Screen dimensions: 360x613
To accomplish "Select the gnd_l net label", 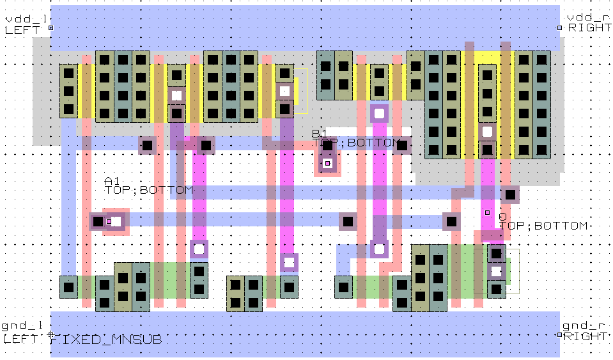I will point(19,327).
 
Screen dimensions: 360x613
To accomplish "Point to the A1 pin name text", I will point(112,182).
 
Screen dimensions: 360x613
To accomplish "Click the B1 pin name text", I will point(319,134).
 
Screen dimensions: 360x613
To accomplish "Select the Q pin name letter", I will point(502,217).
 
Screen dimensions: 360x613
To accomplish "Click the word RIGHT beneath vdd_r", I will point(589,27).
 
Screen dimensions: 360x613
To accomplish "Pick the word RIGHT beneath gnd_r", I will point(587,336).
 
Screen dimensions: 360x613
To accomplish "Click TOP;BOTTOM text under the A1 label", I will point(148,190).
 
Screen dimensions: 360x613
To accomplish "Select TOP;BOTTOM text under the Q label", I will point(543,226).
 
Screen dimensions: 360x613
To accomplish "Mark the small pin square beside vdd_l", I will point(51,28).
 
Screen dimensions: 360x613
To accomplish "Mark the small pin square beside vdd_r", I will point(560,28).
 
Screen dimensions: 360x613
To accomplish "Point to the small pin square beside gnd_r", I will point(560,334).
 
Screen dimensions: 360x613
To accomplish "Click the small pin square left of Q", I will point(487,212).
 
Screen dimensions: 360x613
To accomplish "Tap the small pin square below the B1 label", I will point(327,163).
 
